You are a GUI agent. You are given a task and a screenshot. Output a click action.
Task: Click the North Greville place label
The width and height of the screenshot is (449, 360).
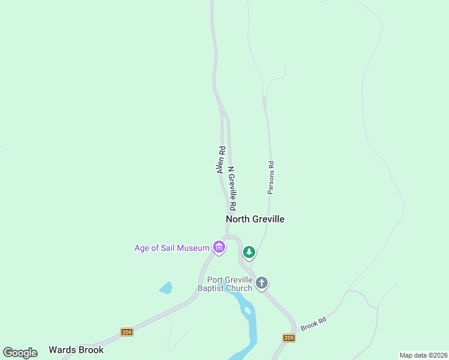point(255,219)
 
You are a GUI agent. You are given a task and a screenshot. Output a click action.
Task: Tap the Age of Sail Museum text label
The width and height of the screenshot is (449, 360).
point(172,248)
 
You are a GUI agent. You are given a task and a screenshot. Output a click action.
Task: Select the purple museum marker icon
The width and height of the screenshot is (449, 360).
point(219,247)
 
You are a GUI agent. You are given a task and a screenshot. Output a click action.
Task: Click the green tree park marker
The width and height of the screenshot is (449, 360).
point(249,253)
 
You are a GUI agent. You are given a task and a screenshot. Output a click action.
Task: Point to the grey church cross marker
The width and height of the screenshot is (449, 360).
point(261,283)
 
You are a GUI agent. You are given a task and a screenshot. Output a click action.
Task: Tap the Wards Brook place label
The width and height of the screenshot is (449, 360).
point(76,350)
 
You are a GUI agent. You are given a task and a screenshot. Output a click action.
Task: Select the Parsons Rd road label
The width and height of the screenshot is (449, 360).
point(271,177)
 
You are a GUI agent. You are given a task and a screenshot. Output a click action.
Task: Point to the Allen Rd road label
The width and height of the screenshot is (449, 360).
point(221,160)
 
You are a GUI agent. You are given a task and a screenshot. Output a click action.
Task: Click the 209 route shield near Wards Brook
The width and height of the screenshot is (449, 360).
point(127,332)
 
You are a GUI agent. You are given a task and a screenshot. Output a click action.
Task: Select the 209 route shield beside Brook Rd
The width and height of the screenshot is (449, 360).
point(289,338)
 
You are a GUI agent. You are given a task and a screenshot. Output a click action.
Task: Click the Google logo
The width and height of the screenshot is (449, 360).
point(20,353)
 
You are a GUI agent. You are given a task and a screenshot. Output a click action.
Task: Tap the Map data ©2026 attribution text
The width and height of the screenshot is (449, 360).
point(424,355)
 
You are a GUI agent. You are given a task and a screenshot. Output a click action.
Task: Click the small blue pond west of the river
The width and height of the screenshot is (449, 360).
point(166,288)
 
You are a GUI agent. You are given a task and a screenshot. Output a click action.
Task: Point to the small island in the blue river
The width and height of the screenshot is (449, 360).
point(247,311)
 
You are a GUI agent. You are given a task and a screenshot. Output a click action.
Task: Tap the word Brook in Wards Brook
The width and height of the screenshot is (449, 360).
point(91,350)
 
